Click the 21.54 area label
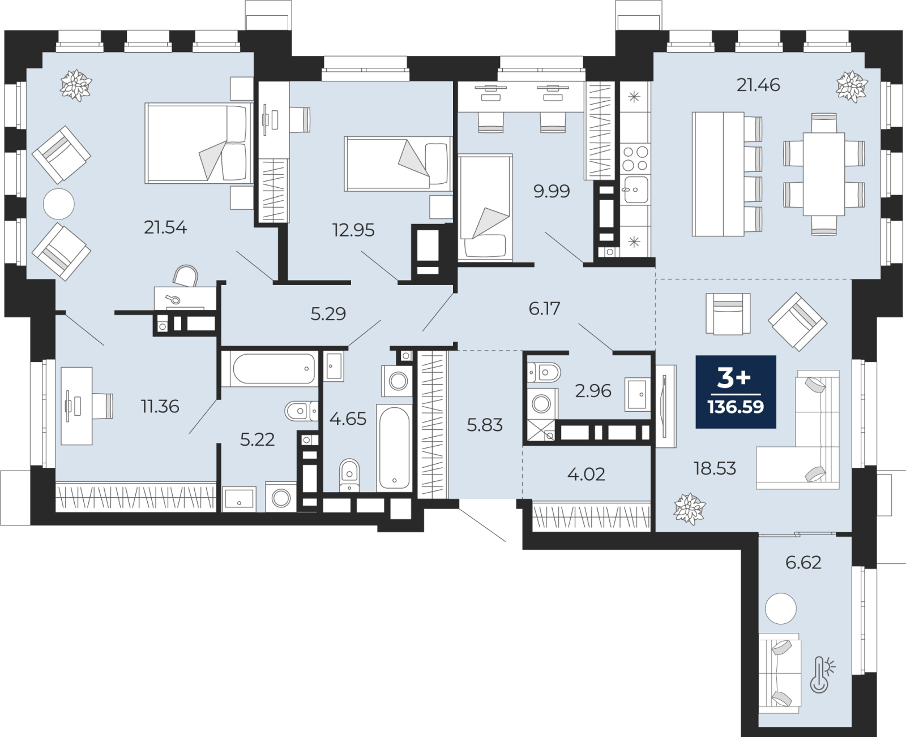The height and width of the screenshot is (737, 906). tap(165, 228)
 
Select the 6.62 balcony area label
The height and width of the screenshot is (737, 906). tap(803, 562)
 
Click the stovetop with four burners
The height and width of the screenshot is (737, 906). tap(635, 158)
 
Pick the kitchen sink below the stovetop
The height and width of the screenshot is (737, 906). tap(635, 189)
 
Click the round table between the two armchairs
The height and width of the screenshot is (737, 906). tap(59, 204)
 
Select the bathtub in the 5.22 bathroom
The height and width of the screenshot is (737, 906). tap(270, 369)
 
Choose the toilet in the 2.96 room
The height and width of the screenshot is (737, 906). tap(544, 373)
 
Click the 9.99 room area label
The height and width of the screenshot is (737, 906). tap(552, 191)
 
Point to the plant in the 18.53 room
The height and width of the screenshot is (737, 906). tap(690, 509)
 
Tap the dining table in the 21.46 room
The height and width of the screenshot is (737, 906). tap(824, 174)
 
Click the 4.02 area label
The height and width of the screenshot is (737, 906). tap(586, 474)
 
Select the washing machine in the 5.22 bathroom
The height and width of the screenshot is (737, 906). tap(281, 497)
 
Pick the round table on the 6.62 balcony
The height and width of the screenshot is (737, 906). tap(780, 608)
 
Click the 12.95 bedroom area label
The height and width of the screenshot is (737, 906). tap(353, 230)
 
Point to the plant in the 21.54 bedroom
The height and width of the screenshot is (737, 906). tap(76, 85)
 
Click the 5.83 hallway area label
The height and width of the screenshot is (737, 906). tap(485, 425)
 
